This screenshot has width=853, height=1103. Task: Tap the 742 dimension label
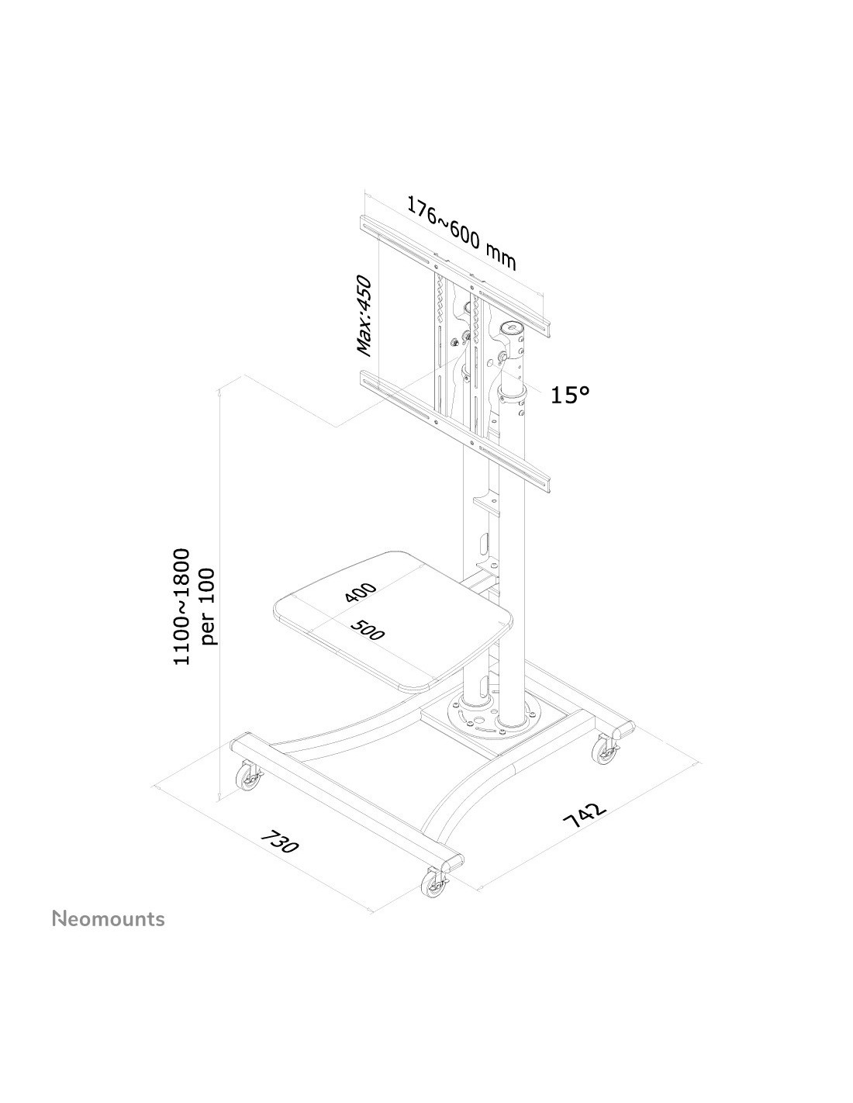click(x=585, y=821)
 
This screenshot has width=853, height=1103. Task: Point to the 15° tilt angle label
click(x=571, y=395)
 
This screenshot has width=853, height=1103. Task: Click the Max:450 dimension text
click(x=364, y=315)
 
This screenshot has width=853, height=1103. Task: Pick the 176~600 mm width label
click(x=461, y=233)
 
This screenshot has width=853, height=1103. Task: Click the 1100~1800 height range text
click(x=181, y=607)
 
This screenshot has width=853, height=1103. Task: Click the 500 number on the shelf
click(x=368, y=630)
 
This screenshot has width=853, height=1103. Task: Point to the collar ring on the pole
click(x=513, y=393)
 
